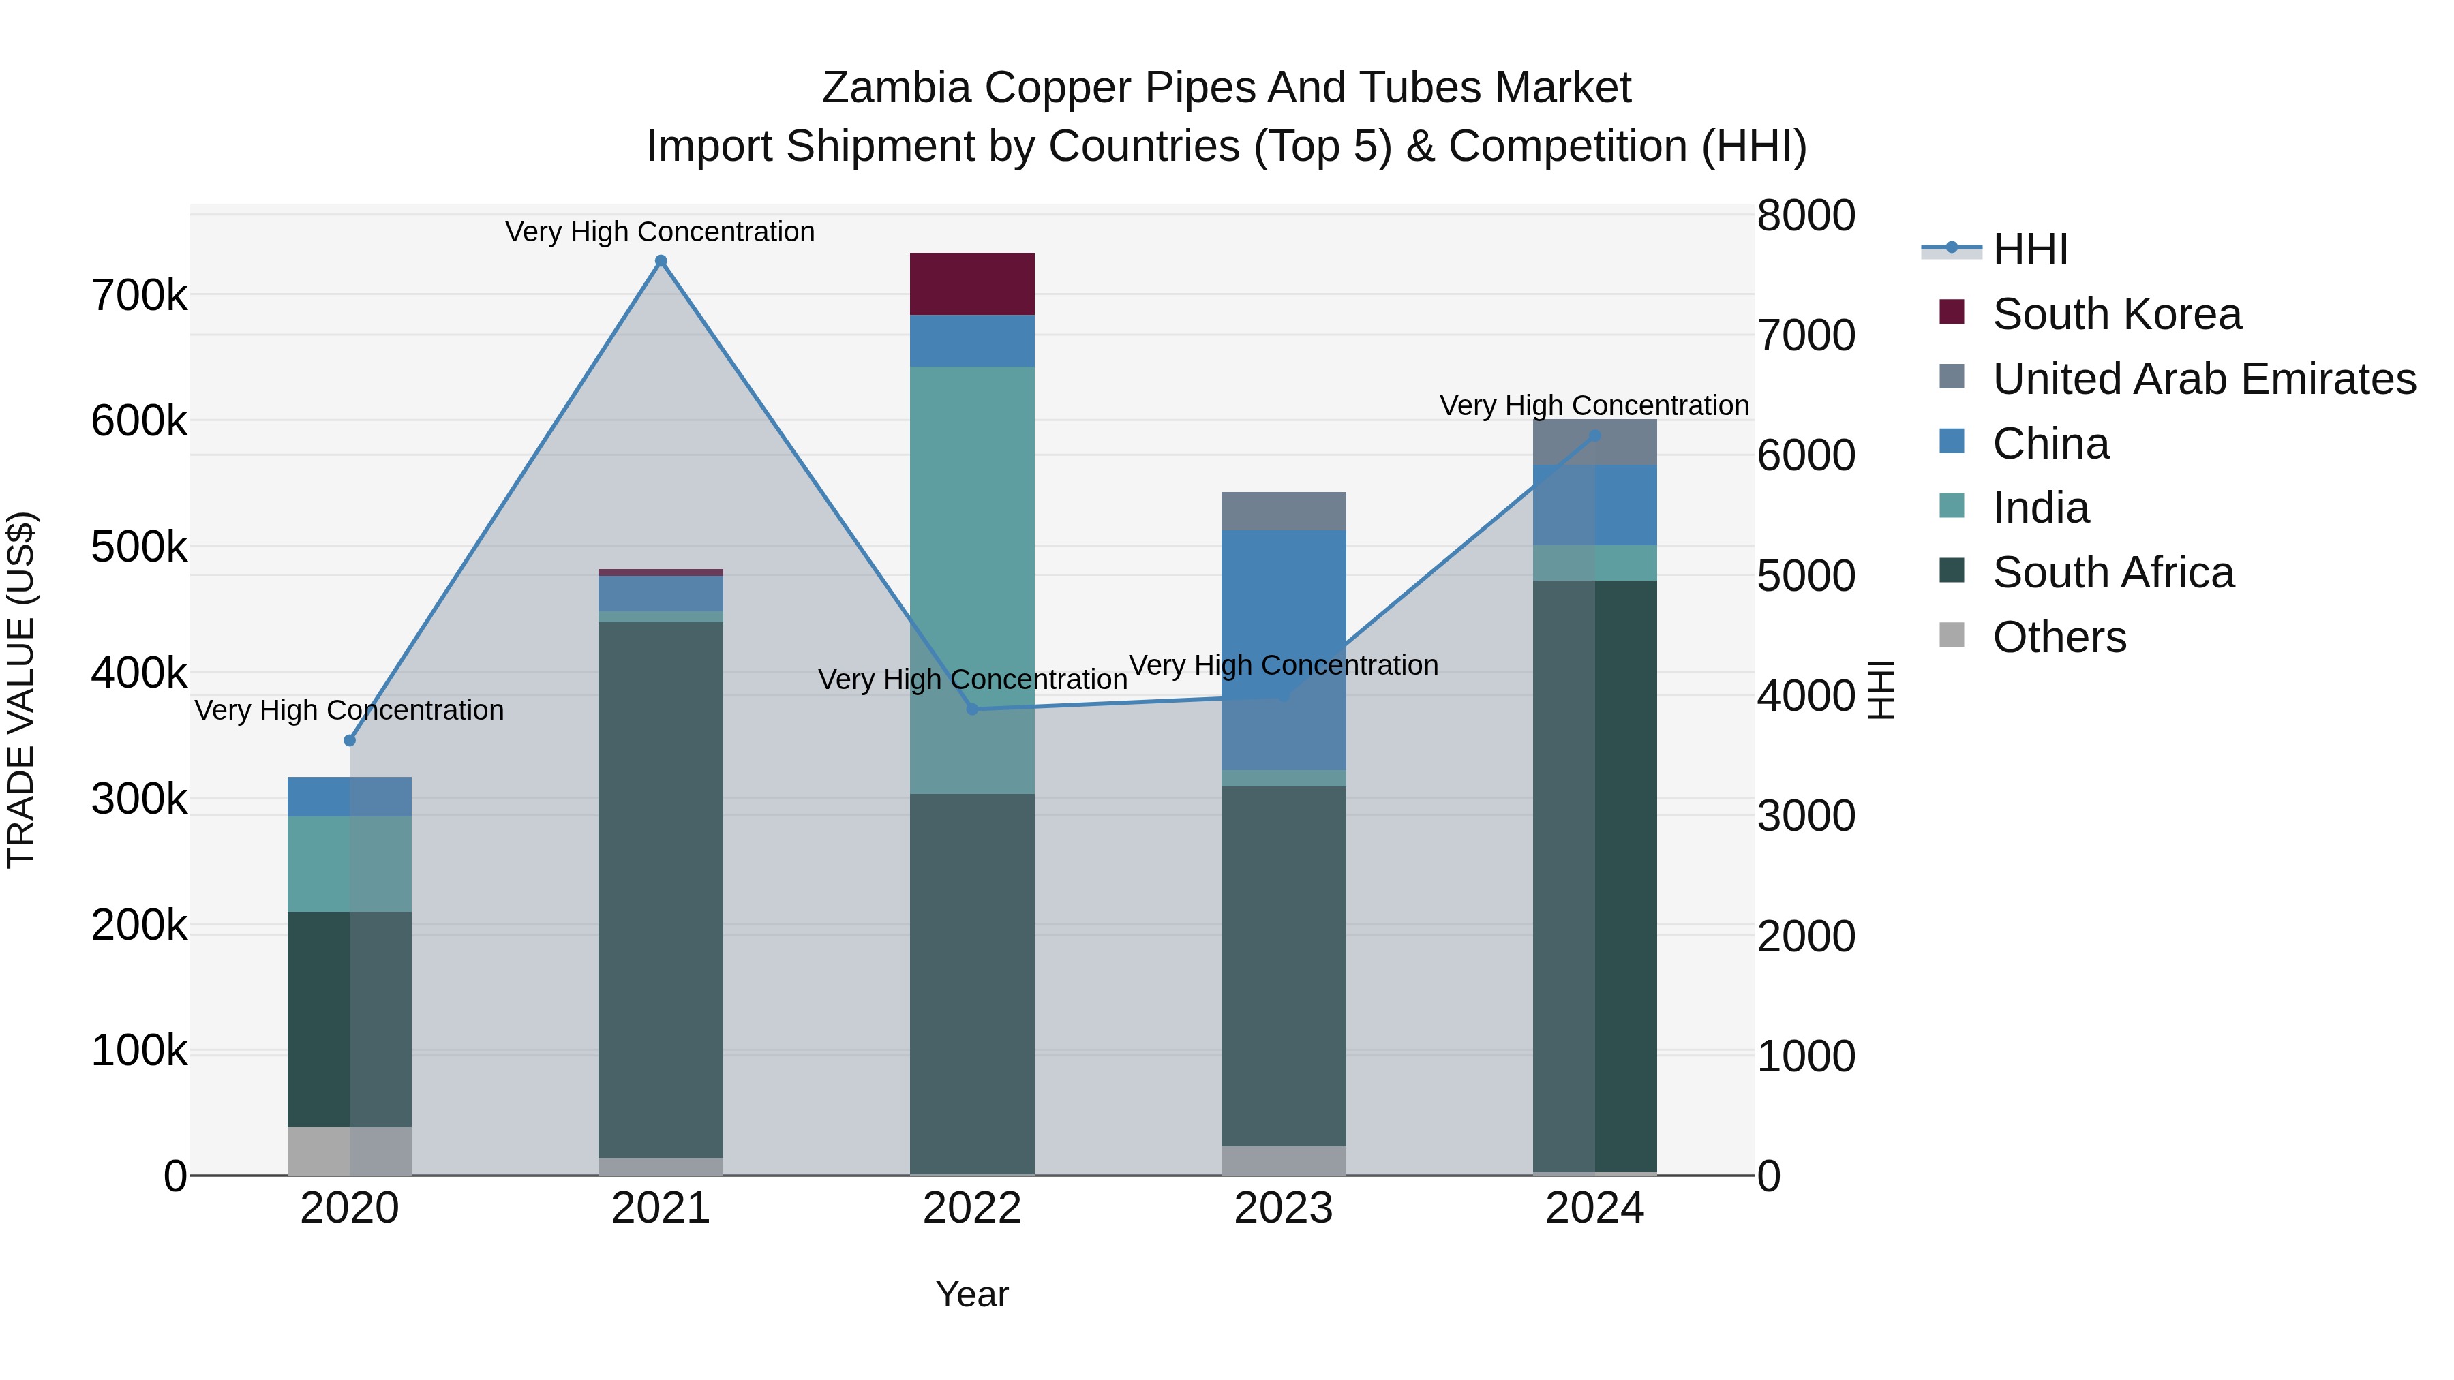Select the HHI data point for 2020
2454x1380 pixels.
[350, 741]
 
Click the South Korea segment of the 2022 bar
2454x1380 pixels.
[971, 283]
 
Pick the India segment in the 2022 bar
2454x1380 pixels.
[971, 534]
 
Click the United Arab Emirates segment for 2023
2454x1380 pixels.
[1283, 511]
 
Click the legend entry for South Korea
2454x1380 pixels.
[2116, 314]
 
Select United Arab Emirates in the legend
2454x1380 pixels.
[2203, 379]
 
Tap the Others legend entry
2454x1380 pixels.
[2059, 637]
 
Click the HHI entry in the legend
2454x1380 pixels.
[2029, 249]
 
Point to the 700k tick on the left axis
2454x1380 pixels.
[139, 295]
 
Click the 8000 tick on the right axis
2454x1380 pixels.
[1805, 215]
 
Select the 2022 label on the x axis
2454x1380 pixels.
[971, 1208]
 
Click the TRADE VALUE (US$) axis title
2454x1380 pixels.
[21, 690]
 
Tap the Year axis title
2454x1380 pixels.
[971, 1294]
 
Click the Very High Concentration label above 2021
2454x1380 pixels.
[660, 232]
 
